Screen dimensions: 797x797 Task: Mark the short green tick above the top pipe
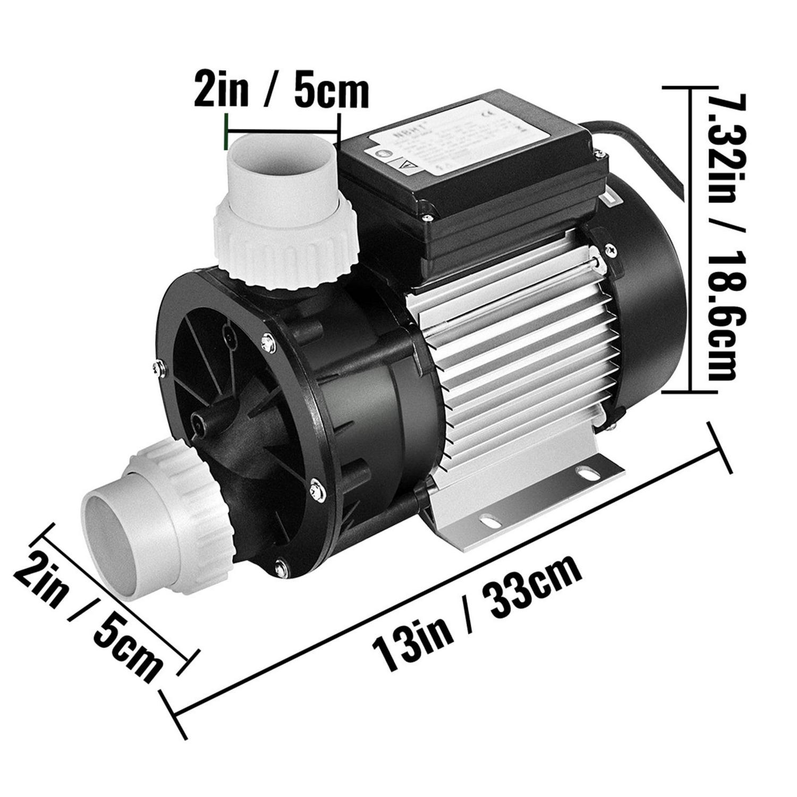227,131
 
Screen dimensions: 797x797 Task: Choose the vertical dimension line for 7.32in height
690,239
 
